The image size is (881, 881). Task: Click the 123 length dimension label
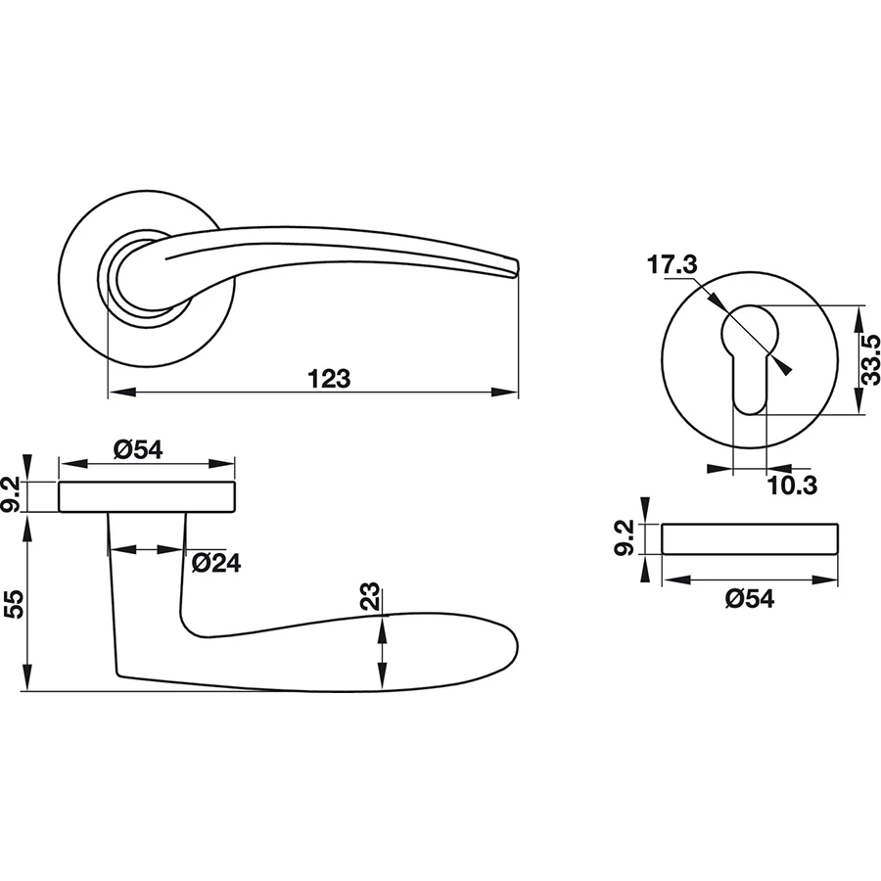tap(329, 378)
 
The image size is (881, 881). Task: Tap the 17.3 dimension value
tap(672, 263)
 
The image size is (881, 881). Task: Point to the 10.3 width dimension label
tap(792, 485)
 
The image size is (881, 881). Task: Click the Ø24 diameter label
tap(215, 563)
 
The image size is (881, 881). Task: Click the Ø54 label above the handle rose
tap(137, 449)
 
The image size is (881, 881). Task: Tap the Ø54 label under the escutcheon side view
tap(750, 600)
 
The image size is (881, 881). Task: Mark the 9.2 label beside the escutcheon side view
tap(626, 538)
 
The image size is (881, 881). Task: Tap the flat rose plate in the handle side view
tap(147, 497)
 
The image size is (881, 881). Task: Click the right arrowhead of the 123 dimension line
tap(510, 394)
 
